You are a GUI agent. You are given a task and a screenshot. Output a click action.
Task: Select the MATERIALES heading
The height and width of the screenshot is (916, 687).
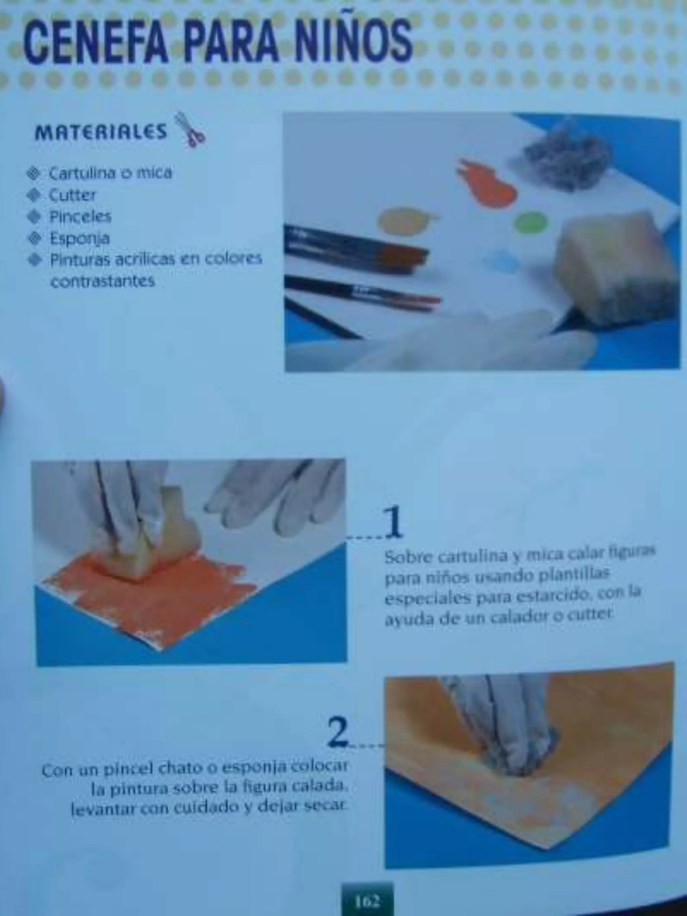point(101,132)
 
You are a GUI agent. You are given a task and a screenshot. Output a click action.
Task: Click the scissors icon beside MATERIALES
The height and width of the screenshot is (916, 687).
point(190,129)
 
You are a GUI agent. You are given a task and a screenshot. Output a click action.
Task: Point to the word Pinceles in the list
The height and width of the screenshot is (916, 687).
point(80,217)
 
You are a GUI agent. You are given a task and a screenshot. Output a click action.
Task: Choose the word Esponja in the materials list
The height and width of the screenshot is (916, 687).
point(80,238)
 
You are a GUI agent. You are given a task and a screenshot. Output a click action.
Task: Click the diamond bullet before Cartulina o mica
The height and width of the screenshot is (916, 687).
point(34,173)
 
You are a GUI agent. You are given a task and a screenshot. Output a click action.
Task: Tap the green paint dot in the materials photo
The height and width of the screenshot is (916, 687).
point(530,222)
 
